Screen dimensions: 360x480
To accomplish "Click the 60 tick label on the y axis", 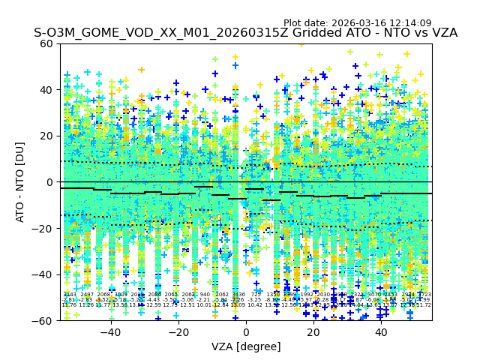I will pyautogui.click(x=47, y=43).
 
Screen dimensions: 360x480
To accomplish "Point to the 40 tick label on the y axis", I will pyautogui.click(x=47, y=90).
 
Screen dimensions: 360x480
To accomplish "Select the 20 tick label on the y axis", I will pyautogui.click(x=47, y=136).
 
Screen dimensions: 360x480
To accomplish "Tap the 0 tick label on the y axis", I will pyautogui.click(x=50, y=182).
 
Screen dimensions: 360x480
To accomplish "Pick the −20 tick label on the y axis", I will pyautogui.click(x=43, y=228).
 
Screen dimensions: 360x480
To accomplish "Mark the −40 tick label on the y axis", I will pyautogui.click(x=43, y=274).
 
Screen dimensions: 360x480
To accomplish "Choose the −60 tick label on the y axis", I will pyautogui.click(x=43, y=320).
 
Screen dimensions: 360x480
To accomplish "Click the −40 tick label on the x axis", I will pyautogui.click(x=110, y=332).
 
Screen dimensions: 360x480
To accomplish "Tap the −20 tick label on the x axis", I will pyautogui.click(x=178, y=332).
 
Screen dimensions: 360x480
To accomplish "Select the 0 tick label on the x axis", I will pyautogui.click(x=245, y=332).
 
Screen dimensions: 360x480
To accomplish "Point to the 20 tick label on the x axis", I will pyautogui.click(x=313, y=332).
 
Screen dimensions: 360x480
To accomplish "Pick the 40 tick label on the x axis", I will pyautogui.click(x=381, y=332).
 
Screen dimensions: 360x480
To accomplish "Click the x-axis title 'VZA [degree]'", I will pyautogui.click(x=246, y=346).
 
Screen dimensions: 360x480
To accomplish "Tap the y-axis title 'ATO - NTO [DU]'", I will pyautogui.click(x=21, y=182).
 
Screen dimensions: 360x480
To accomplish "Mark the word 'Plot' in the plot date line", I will pyautogui.click(x=294, y=23).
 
